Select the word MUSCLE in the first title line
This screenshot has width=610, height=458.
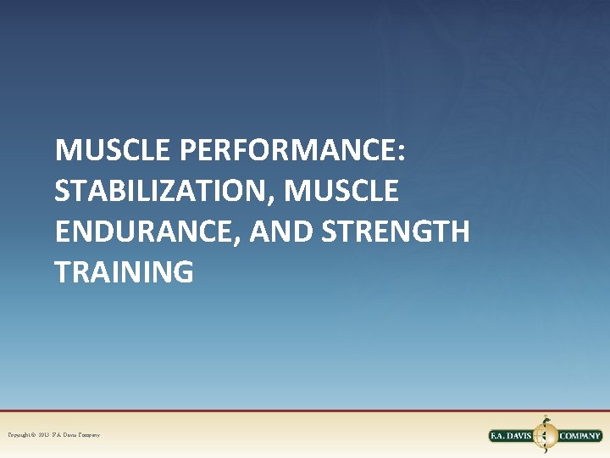pyautogui.click(x=114, y=151)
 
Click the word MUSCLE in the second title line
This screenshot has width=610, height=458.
pyautogui.click(x=341, y=192)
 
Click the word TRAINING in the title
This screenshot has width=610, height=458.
pyautogui.click(x=124, y=273)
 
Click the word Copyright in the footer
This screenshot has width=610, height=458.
pyautogui.click(x=19, y=435)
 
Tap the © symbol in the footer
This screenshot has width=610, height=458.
pyautogui.click(x=34, y=435)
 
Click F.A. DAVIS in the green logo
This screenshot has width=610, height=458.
pyautogui.click(x=513, y=436)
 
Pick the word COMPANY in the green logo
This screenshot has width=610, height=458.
pyautogui.click(x=579, y=436)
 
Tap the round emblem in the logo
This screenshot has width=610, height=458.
pyautogui.click(x=546, y=434)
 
